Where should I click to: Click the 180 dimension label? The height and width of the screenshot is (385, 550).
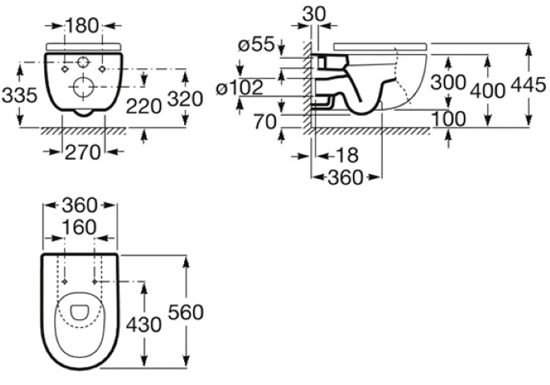[82, 27]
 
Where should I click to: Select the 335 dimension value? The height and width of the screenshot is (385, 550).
[19, 96]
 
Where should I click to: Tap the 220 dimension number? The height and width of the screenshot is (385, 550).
[144, 106]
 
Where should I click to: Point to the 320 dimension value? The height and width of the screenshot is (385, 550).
[185, 99]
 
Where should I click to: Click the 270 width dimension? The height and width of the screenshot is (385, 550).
[83, 153]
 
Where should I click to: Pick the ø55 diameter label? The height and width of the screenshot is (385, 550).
[256, 44]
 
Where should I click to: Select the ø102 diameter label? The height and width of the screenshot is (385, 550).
[240, 88]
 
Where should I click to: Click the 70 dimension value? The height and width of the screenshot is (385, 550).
[265, 122]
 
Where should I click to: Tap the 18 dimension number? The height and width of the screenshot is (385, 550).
[347, 155]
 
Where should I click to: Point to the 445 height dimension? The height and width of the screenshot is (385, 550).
[528, 85]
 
